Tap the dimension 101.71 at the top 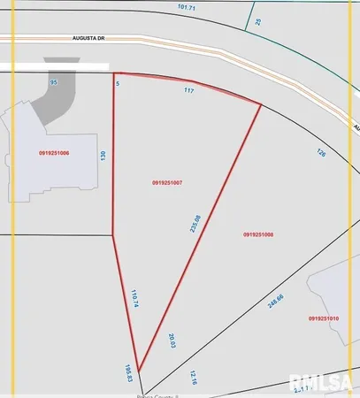(186, 6)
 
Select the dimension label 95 (54, 81)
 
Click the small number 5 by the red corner (118, 81)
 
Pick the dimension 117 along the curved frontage (188, 91)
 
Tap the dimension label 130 (103, 155)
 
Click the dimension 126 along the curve (322, 152)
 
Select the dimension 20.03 (174, 340)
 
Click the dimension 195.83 (128, 372)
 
